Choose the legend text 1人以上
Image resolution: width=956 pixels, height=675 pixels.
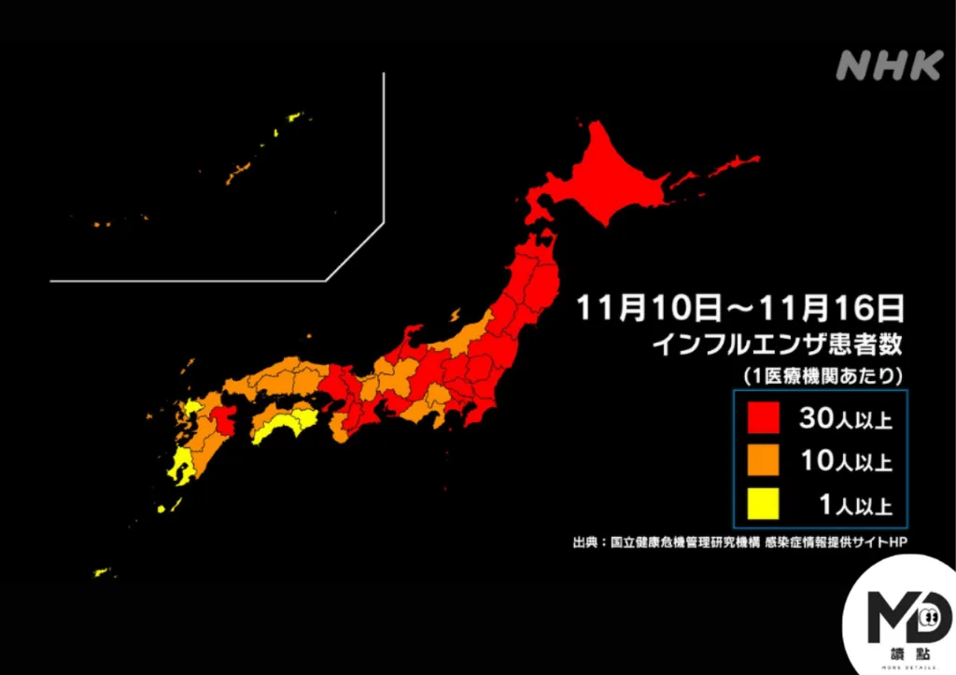coord(853,507)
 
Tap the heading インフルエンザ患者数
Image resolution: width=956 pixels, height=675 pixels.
coord(777,344)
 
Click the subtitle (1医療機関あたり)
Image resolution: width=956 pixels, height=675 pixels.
coord(822,376)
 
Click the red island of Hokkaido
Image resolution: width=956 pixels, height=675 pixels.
coord(616,182)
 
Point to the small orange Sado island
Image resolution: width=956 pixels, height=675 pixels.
coord(455,315)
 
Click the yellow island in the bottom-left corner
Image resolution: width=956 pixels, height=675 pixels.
coord(101,572)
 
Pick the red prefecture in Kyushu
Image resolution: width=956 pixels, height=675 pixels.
coord(225,419)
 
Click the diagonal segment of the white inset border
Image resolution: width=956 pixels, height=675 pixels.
coord(356,251)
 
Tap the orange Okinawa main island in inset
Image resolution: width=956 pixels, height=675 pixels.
coord(238,173)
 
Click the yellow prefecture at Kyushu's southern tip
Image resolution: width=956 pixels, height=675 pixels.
coord(180,468)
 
